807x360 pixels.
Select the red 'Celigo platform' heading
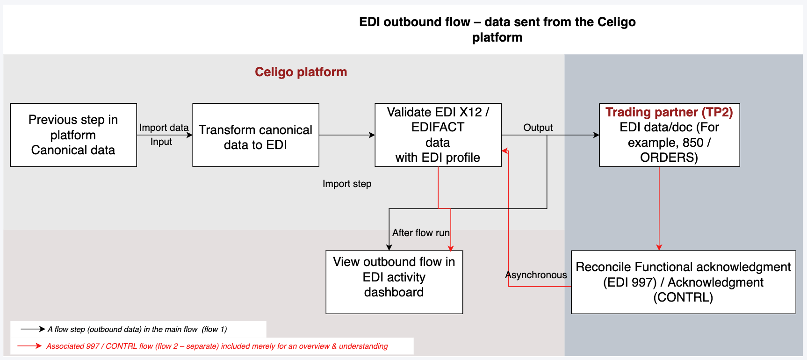tap(301, 72)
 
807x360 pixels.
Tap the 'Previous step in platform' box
tap(73, 135)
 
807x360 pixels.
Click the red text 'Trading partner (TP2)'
tap(669, 112)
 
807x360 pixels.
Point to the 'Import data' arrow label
tap(164, 128)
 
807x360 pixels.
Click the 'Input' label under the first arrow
tap(161, 142)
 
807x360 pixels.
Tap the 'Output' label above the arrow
tap(538, 128)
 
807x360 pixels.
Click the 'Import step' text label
tap(347, 184)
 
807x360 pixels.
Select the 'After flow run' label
tap(420, 233)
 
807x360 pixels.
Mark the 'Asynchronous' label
tap(536, 275)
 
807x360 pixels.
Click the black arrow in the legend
tap(33, 329)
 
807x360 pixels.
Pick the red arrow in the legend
tap(29, 346)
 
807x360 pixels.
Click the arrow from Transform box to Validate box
tap(346, 135)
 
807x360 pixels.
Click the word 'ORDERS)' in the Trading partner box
tap(669, 158)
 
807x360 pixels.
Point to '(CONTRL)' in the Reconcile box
tap(683, 297)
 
